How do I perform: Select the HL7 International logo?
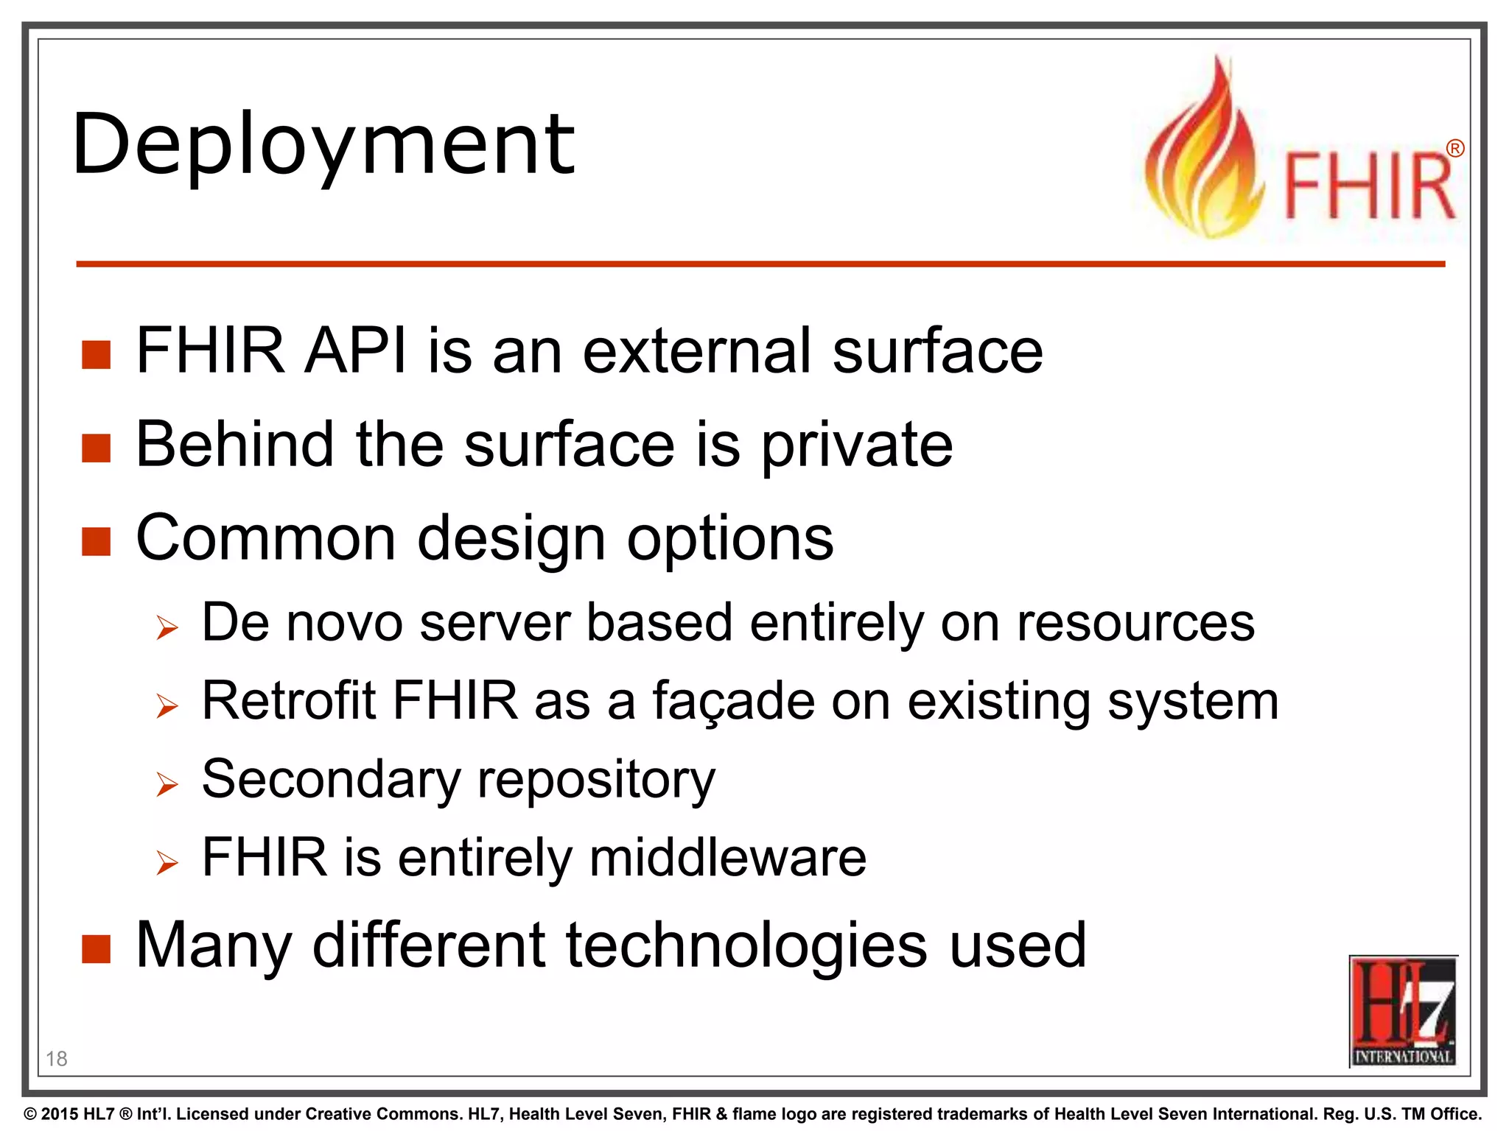click(1403, 1010)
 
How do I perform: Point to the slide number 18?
click(57, 1059)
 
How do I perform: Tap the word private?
click(856, 445)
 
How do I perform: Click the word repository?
click(596, 780)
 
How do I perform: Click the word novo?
click(344, 623)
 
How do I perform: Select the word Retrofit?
click(288, 700)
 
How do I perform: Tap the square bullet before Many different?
click(96, 949)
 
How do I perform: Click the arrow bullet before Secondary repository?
click(167, 785)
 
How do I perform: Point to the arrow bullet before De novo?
click(167, 628)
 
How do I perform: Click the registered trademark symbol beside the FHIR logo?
click(1454, 149)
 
